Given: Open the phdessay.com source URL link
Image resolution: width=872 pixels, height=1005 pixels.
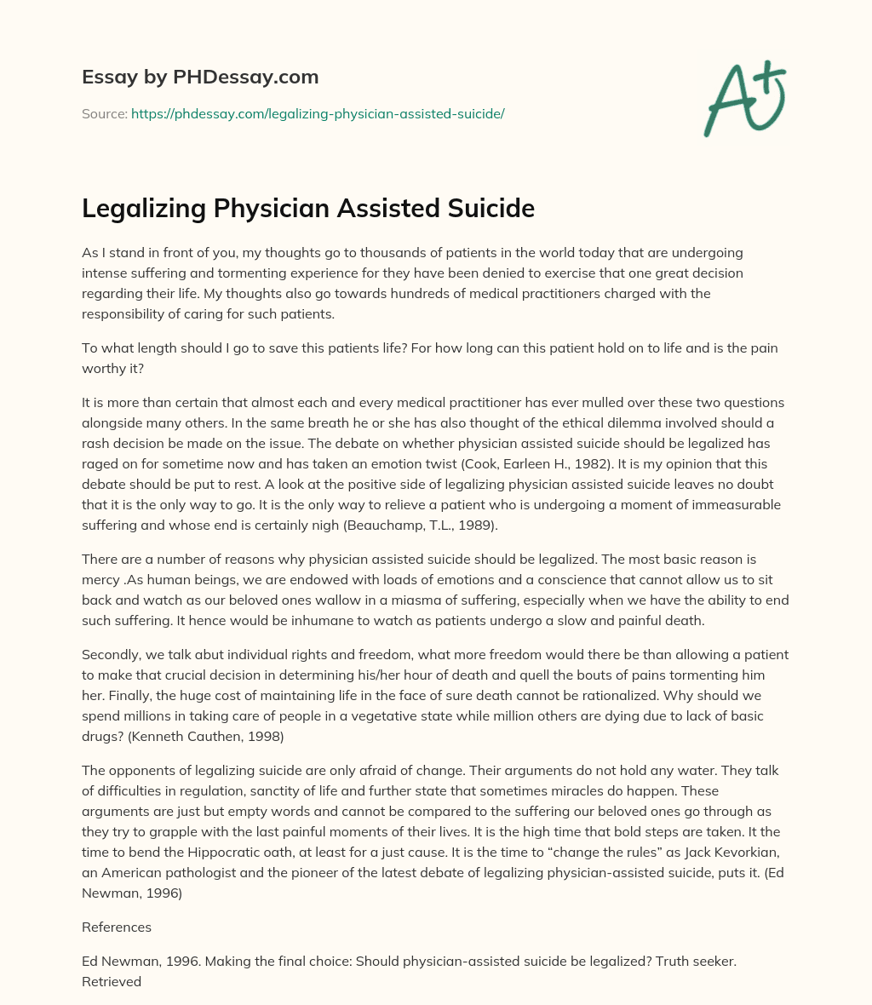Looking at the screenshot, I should click(318, 113).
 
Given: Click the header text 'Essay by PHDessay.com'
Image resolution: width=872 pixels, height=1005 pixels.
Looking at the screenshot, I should click(200, 77).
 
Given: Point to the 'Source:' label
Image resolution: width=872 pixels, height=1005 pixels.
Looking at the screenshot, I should click(104, 113).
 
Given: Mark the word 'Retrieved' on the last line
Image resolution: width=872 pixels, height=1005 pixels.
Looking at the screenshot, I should click(112, 981).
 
